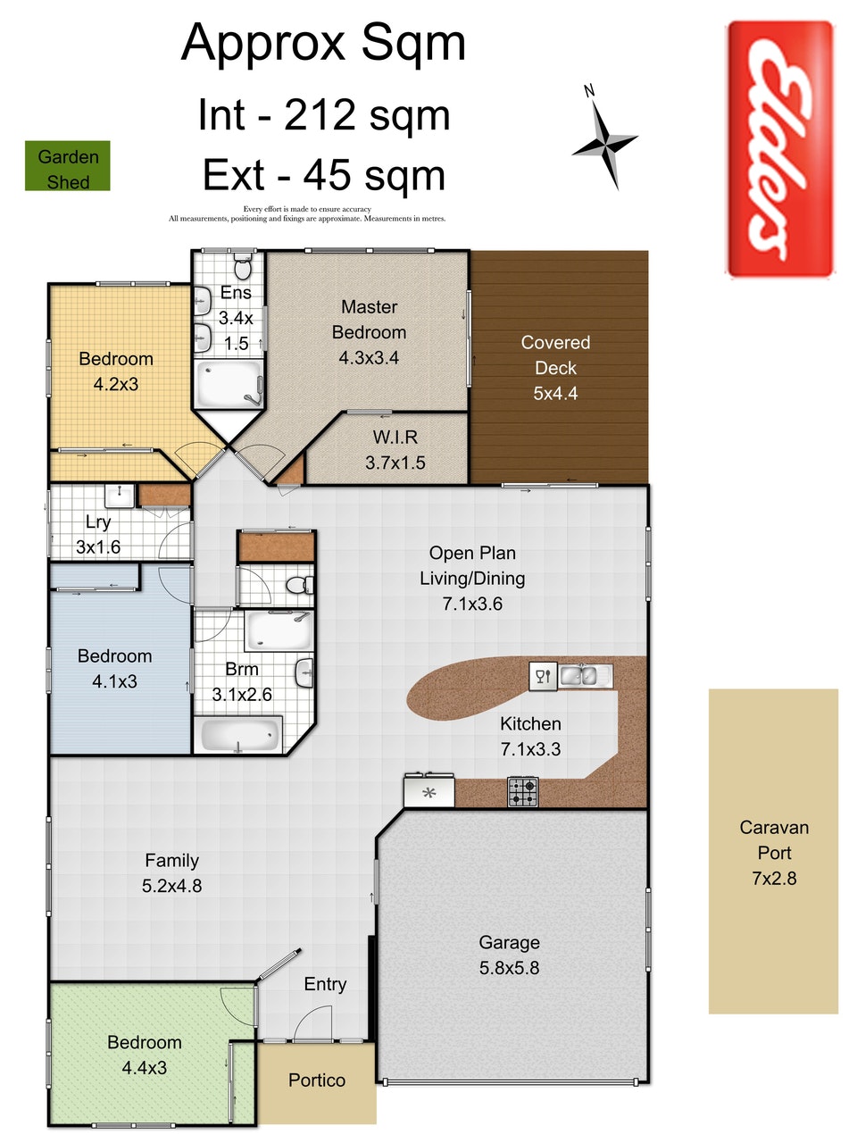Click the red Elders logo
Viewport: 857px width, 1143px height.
pyautogui.click(x=779, y=149)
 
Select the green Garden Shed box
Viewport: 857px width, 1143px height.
pyautogui.click(x=68, y=167)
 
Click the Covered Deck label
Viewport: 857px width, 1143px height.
pyautogui.click(x=555, y=355)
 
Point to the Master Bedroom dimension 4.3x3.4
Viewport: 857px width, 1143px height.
pyautogui.click(x=369, y=358)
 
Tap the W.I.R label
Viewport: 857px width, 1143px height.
pyautogui.click(x=395, y=438)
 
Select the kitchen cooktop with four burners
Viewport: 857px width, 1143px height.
pyautogui.click(x=523, y=791)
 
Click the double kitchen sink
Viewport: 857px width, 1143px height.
pyautogui.click(x=585, y=675)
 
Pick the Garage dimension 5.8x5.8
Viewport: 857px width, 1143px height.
pyautogui.click(x=509, y=968)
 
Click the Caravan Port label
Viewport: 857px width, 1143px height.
pyautogui.click(x=774, y=840)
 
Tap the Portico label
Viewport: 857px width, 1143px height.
pyautogui.click(x=317, y=1080)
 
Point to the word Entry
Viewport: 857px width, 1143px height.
pyautogui.click(x=325, y=984)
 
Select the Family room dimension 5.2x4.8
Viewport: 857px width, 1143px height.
pyautogui.click(x=171, y=887)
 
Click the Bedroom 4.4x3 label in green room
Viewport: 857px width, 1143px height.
pyautogui.click(x=144, y=1055)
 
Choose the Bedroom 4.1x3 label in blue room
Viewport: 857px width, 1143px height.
pyautogui.click(x=114, y=669)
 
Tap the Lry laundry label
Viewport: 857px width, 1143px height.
pyautogui.click(x=98, y=522)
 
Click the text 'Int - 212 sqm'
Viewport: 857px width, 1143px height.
pyautogui.click(x=323, y=115)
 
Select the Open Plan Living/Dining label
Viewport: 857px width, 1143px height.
pyautogui.click(x=472, y=565)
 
